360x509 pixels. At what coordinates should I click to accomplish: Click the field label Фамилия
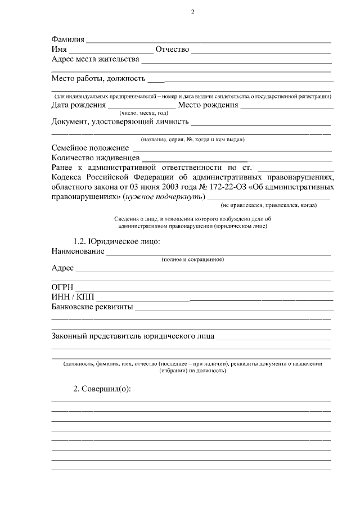coord(68,40)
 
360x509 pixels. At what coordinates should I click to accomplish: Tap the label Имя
coord(60,49)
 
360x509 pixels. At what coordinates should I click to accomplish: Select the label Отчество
coord(172,49)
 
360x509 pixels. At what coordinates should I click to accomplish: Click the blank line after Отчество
coord(261,52)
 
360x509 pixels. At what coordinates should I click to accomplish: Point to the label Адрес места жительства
coord(95,59)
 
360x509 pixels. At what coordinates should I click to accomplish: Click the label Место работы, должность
coord(98,78)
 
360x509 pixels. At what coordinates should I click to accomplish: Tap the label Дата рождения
coord(79,105)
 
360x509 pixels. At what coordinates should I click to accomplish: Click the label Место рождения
coord(208,105)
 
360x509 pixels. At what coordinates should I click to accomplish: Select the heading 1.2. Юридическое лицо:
coord(117,241)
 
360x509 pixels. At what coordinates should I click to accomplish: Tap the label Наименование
coord(78,251)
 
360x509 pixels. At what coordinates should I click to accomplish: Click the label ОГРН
coord(63,287)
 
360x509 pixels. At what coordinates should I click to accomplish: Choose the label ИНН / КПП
coord(73,297)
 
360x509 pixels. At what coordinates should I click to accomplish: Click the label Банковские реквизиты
coord(92,307)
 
